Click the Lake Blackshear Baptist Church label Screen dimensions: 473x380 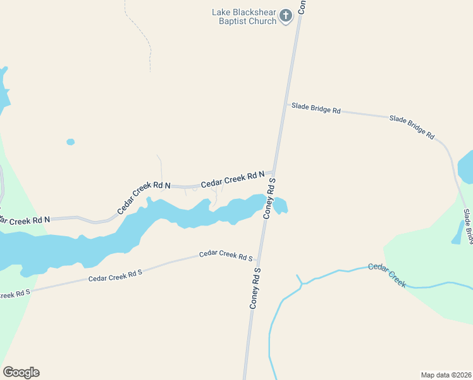point(245,16)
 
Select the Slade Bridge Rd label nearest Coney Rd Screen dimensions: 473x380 point(316,108)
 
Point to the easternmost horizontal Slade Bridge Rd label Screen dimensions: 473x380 point(412,127)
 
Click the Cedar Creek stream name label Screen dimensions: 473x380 point(386,275)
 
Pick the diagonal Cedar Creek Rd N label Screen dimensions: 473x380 point(144,198)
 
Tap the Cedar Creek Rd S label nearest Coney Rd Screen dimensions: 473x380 point(226,255)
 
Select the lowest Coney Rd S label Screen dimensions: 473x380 point(255,288)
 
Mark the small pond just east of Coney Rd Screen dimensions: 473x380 point(280,205)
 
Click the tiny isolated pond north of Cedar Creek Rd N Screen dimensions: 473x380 point(70,142)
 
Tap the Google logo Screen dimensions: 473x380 point(21,372)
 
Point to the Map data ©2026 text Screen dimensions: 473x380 point(446,374)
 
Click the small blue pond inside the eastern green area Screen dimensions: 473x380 point(457,233)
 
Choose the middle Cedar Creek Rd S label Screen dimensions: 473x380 point(115,275)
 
